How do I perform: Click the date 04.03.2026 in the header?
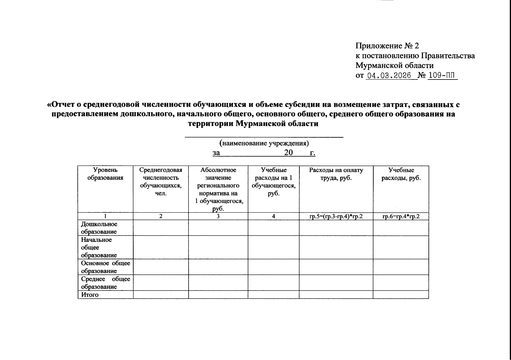pyautogui.click(x=389, y=76)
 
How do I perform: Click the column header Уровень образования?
pyautogui.click(x=105, y=174)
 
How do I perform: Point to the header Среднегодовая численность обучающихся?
pyautogui.click(x=161, y=182)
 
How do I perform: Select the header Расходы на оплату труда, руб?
pyautogui.click(x=336, y=174)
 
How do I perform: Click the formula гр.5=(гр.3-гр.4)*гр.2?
pyautogui.click(x=336, y=216)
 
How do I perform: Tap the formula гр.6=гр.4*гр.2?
pyautogui.click(x=401, y=216)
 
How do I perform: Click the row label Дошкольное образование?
pyautogui.click(x=99, y=228)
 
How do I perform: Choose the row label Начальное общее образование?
pyautogui.click(x=99, y=247)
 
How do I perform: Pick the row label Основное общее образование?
pyautogui.click(x=105, y=267)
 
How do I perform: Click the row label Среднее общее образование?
pyautogui.click(x=105, y=283)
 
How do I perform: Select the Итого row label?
pyautogui.click(x=90, y=295)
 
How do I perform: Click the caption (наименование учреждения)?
pyautogui.click(x=264, y=143)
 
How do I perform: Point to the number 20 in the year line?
pyautogui.click(x=288, y=153)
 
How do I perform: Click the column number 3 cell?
pyautogui.click(x=218, y=216)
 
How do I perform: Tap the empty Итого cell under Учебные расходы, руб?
pyautogui.click(x=401, y=295)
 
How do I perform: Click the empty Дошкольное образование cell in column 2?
pyautogui.click(x=161, y=228)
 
